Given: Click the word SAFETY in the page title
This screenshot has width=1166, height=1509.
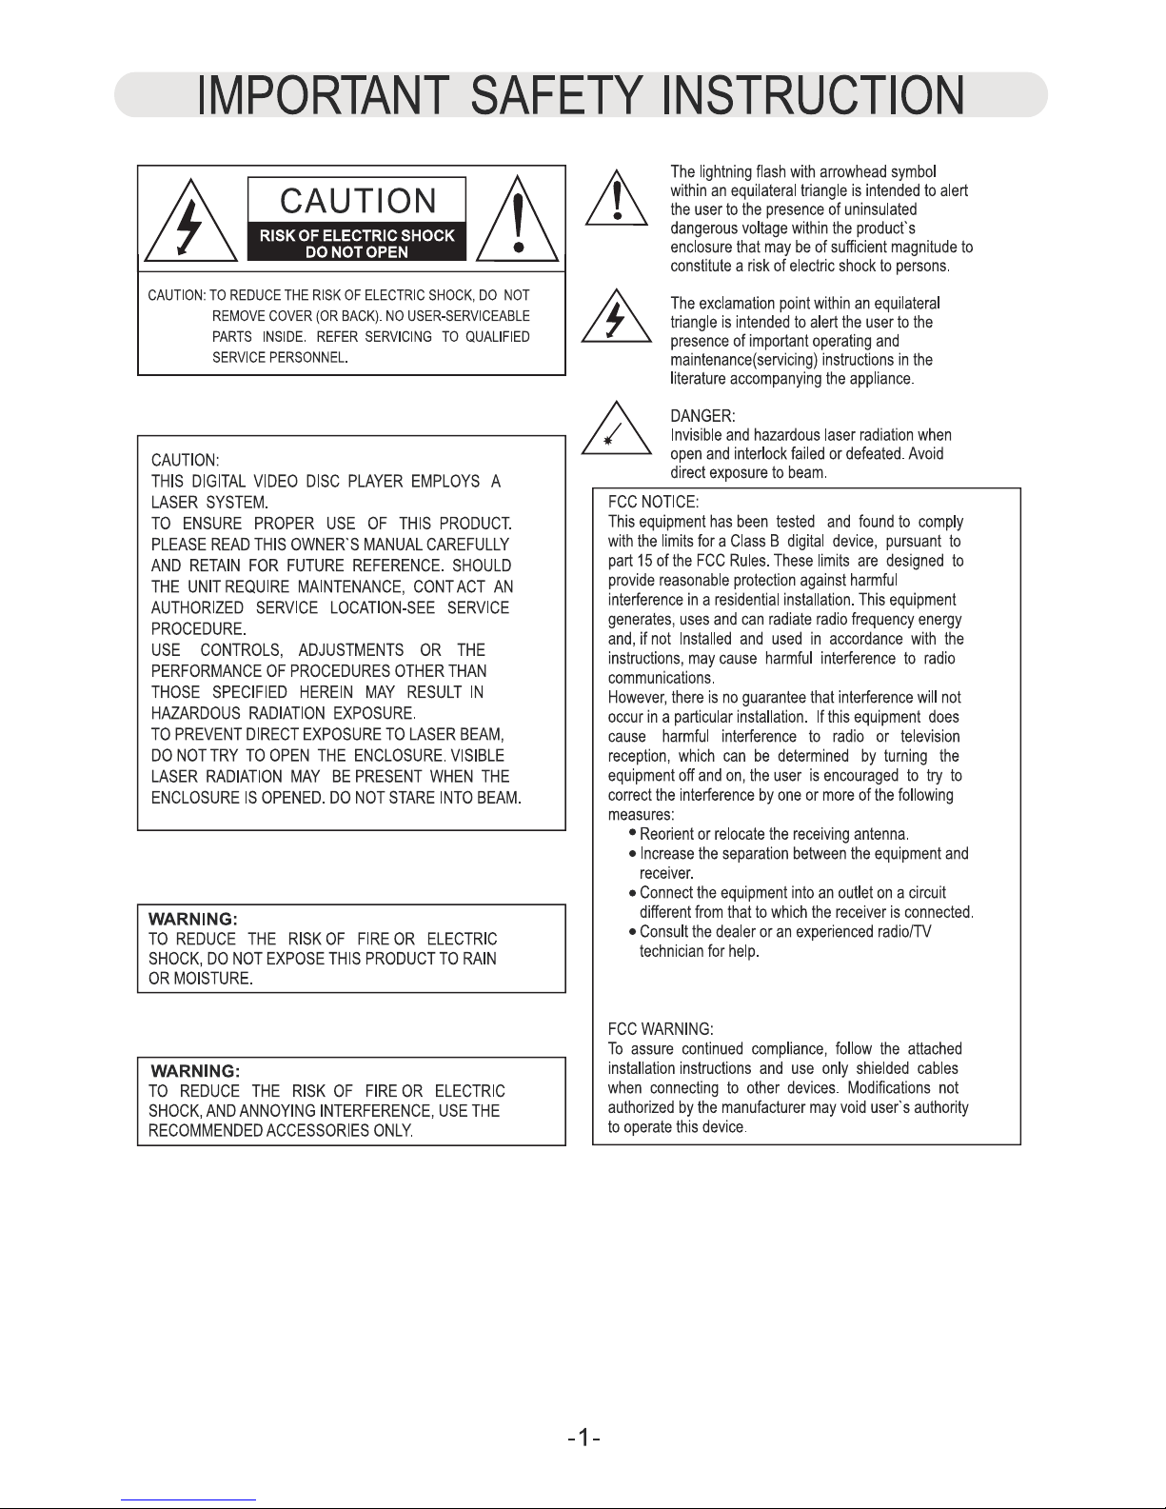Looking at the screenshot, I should pyautogui.click(x=556, y=97).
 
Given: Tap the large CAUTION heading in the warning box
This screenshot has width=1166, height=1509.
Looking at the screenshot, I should pyautogui.click(x=358, y=201).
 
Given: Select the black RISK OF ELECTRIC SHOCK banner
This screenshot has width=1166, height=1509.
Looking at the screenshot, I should pyautogui.click(x=358, y=244).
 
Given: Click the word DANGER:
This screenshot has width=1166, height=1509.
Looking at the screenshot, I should pyautogui.click(x=702, y=416).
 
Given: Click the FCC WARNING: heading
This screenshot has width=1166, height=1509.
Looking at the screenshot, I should pyautogui.click(x=660, y=1029).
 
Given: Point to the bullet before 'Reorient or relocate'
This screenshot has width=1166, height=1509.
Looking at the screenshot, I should pyautogui.click(x=633, y=833).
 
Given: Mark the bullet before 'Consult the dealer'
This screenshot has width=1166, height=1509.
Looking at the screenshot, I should pyautogui.click(x=633, y=931).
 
